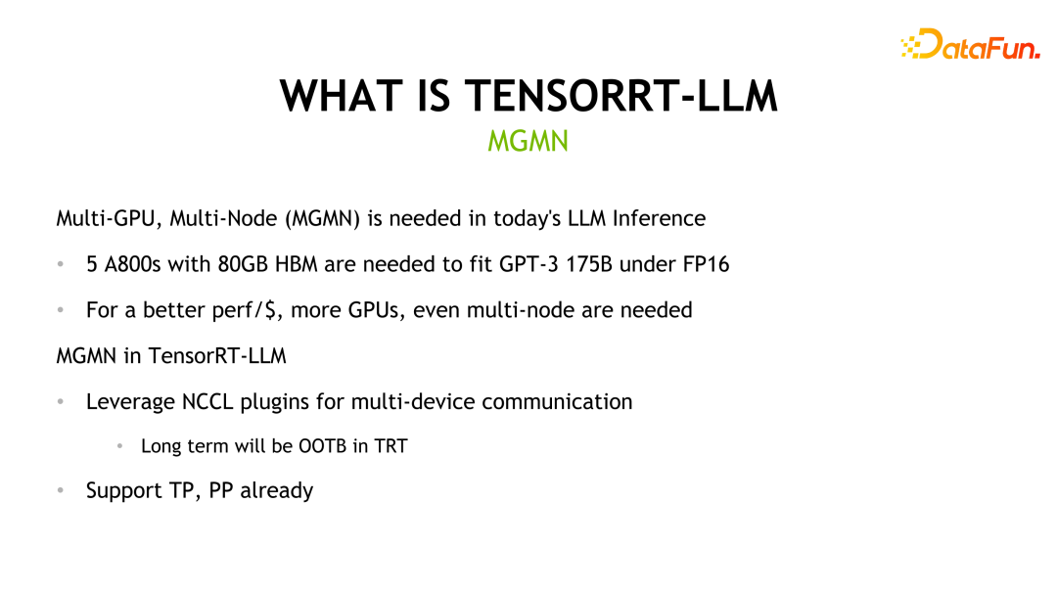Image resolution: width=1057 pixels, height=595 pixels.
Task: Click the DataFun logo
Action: click(969, 45)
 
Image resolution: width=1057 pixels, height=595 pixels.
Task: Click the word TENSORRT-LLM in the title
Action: click(621, 96)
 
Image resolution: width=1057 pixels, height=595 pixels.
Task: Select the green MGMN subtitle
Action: click(528, 142)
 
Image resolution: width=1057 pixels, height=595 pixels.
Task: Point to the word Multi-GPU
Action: click(108, 218)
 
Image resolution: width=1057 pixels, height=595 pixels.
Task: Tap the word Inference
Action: click(659, 218)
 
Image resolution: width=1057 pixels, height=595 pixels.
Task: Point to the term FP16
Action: click(706, 264)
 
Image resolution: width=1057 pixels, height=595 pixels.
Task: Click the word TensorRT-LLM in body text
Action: click(217, 356)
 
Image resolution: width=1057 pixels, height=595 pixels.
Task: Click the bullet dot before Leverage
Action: click(61, 402)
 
